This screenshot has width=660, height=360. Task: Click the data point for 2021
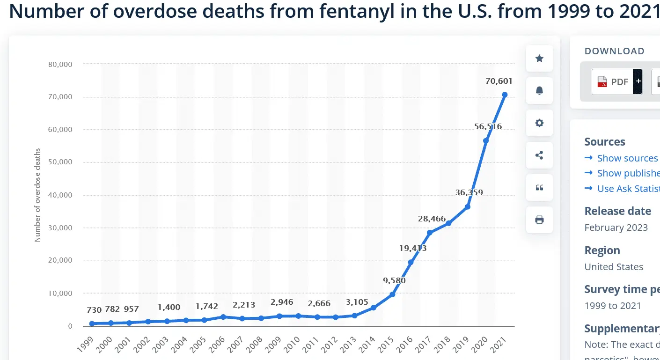tap(505, 95)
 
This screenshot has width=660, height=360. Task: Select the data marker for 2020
tap(486, 141)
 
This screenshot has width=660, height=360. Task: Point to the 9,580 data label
tap(394, 281)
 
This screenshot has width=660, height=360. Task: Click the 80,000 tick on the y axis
tap(60, 64)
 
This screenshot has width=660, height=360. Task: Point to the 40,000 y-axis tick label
tap(60, 195)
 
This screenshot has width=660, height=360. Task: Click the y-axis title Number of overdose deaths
tap(37, 195)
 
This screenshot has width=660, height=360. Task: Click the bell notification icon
tap(539, 90)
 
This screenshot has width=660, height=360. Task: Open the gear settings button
tap(539, 123)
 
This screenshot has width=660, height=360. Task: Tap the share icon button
tap(539, 155)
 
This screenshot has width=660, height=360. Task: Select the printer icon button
tap(539, 220)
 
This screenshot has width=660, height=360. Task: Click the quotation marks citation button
tap(539, 187)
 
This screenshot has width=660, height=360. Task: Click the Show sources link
tap(627, 158)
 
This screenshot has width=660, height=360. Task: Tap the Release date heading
tap(617, 211)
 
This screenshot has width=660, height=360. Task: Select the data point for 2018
tap(448, 223)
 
